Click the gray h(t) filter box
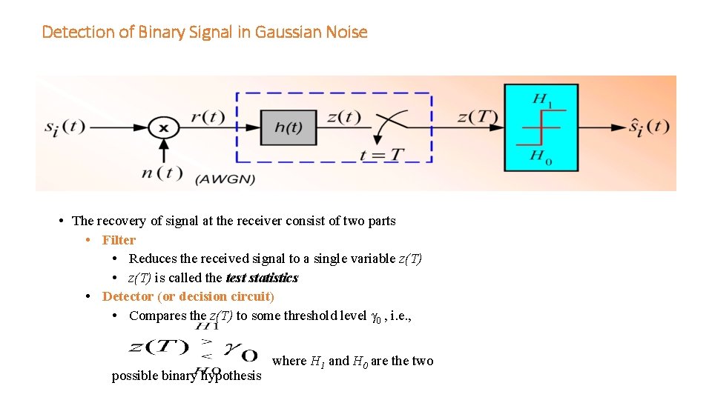[x=289, y=127]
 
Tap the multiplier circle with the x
[x=164, y=127]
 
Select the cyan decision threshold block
[x=541, y=127]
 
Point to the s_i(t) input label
[x=65, y=127]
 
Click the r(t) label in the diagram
[x=208, y=116]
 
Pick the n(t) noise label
[x=161, y=173]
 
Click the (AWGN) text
[x=225, y=179]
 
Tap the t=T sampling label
[x=382, y=155]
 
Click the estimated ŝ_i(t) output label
[x=649, y=127]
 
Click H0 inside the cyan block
[x=541, y=156]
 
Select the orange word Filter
[x=119, y=240]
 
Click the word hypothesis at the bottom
[x=232, y=376]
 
